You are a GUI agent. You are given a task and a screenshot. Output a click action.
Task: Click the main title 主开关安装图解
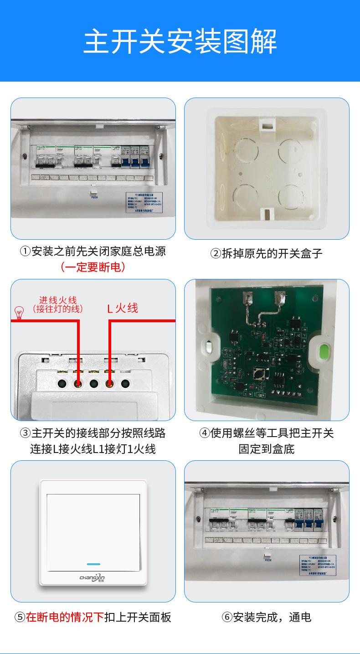point(180,41)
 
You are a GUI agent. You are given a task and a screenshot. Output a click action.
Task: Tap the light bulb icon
point(19,313)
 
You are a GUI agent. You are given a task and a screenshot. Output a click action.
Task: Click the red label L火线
point(123,309)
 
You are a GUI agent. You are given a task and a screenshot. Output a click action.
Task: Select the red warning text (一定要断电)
point(93,267)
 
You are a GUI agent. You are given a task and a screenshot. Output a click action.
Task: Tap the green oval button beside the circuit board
point(325,352)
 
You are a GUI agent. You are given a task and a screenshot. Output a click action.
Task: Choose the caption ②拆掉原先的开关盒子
point(267,253)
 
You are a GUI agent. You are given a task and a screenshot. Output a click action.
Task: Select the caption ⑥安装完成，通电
point(267,618)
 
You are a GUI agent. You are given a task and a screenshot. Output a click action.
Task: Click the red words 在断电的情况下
point(65,618)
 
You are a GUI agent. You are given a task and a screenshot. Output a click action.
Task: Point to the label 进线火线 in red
point(58,300)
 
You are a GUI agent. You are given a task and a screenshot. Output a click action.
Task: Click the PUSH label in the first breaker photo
point(94,197)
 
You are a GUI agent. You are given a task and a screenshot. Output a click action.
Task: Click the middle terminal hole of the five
point(94,383)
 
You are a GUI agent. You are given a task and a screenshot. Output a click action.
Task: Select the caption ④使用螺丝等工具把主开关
point(267,433)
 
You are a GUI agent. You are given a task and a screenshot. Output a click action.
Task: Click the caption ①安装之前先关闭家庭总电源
point(93,251)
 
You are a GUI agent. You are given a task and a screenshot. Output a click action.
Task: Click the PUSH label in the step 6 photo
point(267,560)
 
